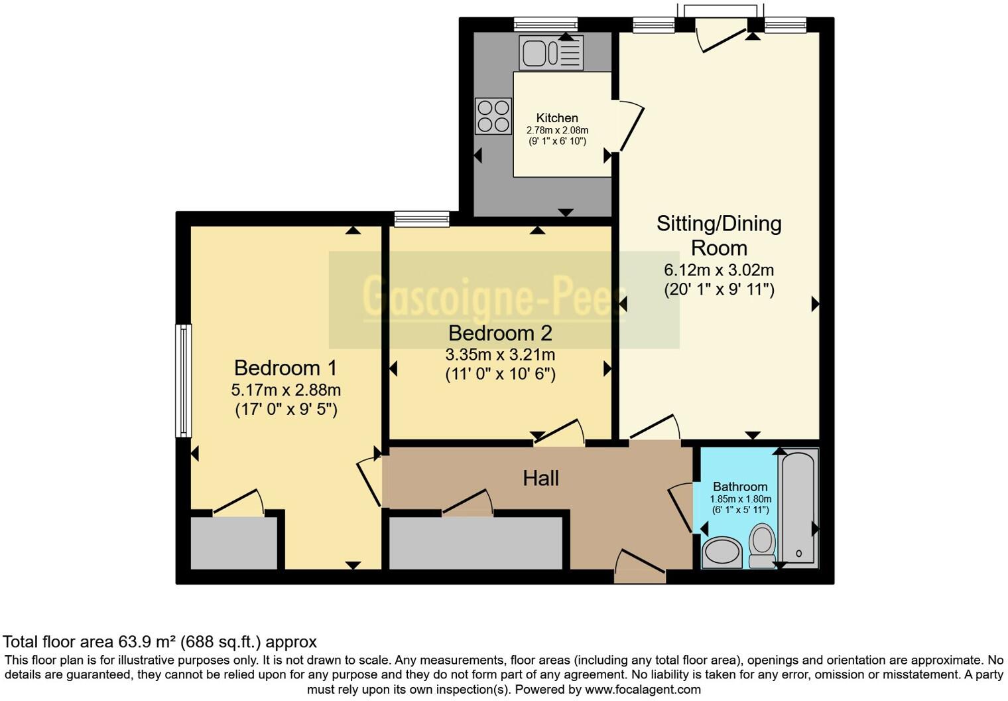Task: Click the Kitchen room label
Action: pyautogui.click(x=557, y=118)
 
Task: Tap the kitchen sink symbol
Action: pyautogui.click(x=552, y=52)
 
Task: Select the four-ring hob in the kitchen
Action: pyautogui.click(x=493, y=116)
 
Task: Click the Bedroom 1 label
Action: pyautogui.click(x=286, y=368)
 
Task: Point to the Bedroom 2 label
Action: pyautogui.click(x=500, y=333)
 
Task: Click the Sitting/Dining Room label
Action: pyautogui.click(x=719, y=235)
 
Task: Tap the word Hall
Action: pyautogui.click(x=540, y=478)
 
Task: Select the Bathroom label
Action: pyautogui.click(x=740, y=487)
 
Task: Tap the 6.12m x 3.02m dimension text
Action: pyautogui.click(x=719, y=270)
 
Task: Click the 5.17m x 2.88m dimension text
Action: pyautogui.click(x=286, y=390)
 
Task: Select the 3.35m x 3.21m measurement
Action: pyautogui.click(x=500, y=354)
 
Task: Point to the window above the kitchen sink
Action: pyautogui.click(x=546, y=25)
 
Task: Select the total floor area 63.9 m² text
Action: pyautogui.click(x=160, y=642)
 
